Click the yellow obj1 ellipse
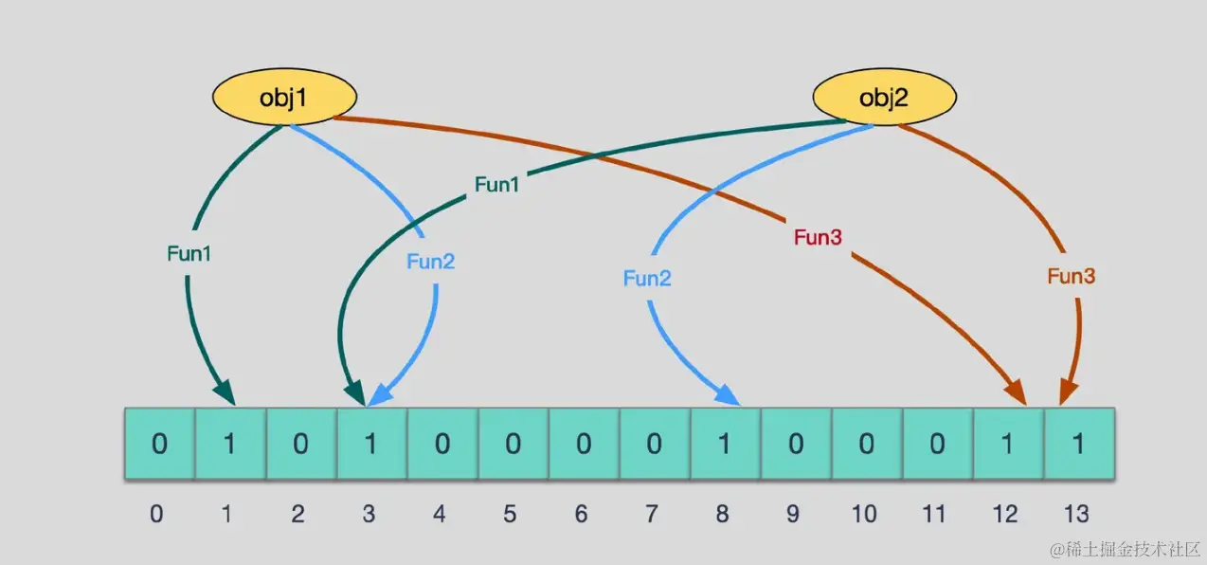(284, 97)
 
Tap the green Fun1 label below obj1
(190, 253)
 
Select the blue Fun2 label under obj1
(431, 262)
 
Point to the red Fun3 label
(818, 237)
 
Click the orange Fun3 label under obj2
(1072, 277)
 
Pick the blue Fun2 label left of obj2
(647, 278)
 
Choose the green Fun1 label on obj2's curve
(497, 185)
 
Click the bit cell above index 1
(229, 444)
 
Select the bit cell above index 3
(370, 444)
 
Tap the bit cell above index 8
(724, 444)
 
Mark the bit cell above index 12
(1006, 444)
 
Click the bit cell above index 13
(1077, 444)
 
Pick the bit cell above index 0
(159, 444)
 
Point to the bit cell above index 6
(583, 444)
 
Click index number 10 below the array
(864, 514)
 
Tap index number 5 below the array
(511, 514)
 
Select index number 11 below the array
(935, 514)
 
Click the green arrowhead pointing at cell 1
(225, 392)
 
